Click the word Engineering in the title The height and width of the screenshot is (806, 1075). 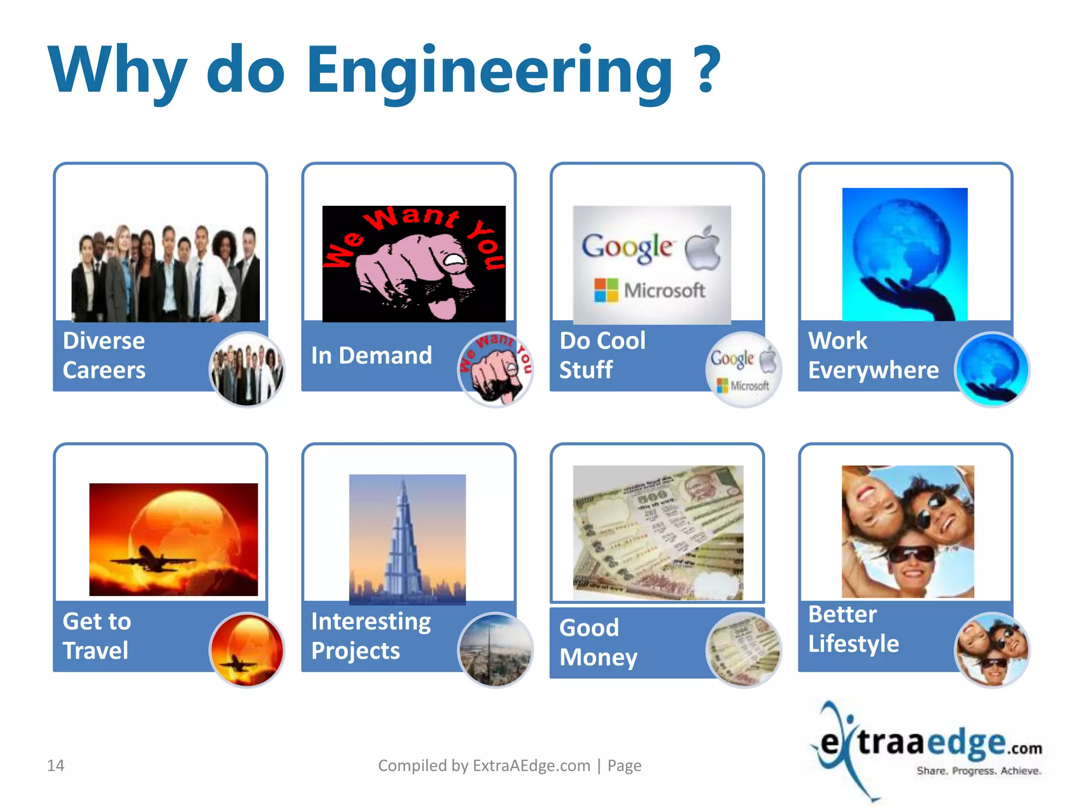[x=488, y=71]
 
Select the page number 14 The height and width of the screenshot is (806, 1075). [x=56, y=766]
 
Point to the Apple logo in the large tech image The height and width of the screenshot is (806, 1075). [x=703, y=248]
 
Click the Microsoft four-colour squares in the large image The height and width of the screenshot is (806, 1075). [x=606, y=290]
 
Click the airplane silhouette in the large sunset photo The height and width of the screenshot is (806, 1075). [x=152, y=559]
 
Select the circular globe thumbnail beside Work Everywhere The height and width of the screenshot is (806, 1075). [x=992, y=369]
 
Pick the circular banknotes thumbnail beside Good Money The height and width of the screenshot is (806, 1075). [x=744, y=650]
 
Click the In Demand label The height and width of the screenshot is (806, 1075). [x=372, y=356]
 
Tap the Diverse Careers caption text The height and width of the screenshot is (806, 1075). [x=104, y=355]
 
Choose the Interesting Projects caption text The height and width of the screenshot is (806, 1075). [x=371, y=636]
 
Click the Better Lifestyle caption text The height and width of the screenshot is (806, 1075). [x=853, y=629]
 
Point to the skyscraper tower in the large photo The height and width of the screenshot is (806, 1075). [x=403, y=546]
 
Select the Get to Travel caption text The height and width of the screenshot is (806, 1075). [x=97, y=636]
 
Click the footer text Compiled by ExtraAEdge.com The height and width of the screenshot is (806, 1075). [x=484, y=766]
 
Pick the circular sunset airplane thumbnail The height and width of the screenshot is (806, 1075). [x=247, y=650]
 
